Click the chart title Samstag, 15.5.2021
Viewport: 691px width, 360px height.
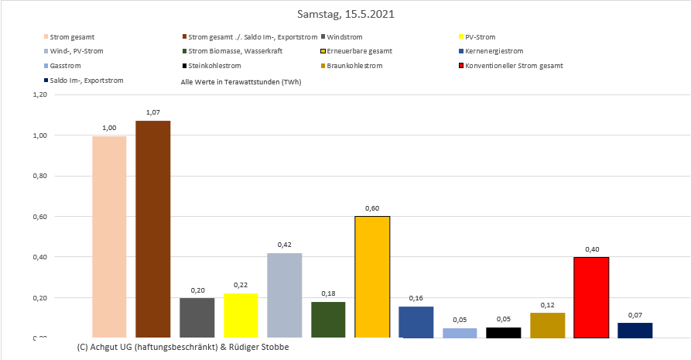(345, 15)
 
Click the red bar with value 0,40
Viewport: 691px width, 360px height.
(591, 297)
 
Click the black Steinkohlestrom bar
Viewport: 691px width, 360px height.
(504, 332)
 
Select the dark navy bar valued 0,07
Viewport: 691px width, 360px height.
(635, 330)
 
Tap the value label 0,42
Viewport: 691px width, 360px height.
(284, 244)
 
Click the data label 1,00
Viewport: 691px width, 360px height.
(109, 127)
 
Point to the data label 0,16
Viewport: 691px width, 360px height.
(416, 297)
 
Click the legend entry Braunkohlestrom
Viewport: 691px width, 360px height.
(354, 66)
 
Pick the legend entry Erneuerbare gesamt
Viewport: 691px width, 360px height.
(359, 51)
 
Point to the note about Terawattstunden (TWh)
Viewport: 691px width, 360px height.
(241, 81)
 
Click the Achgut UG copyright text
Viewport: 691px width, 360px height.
(183, 347)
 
